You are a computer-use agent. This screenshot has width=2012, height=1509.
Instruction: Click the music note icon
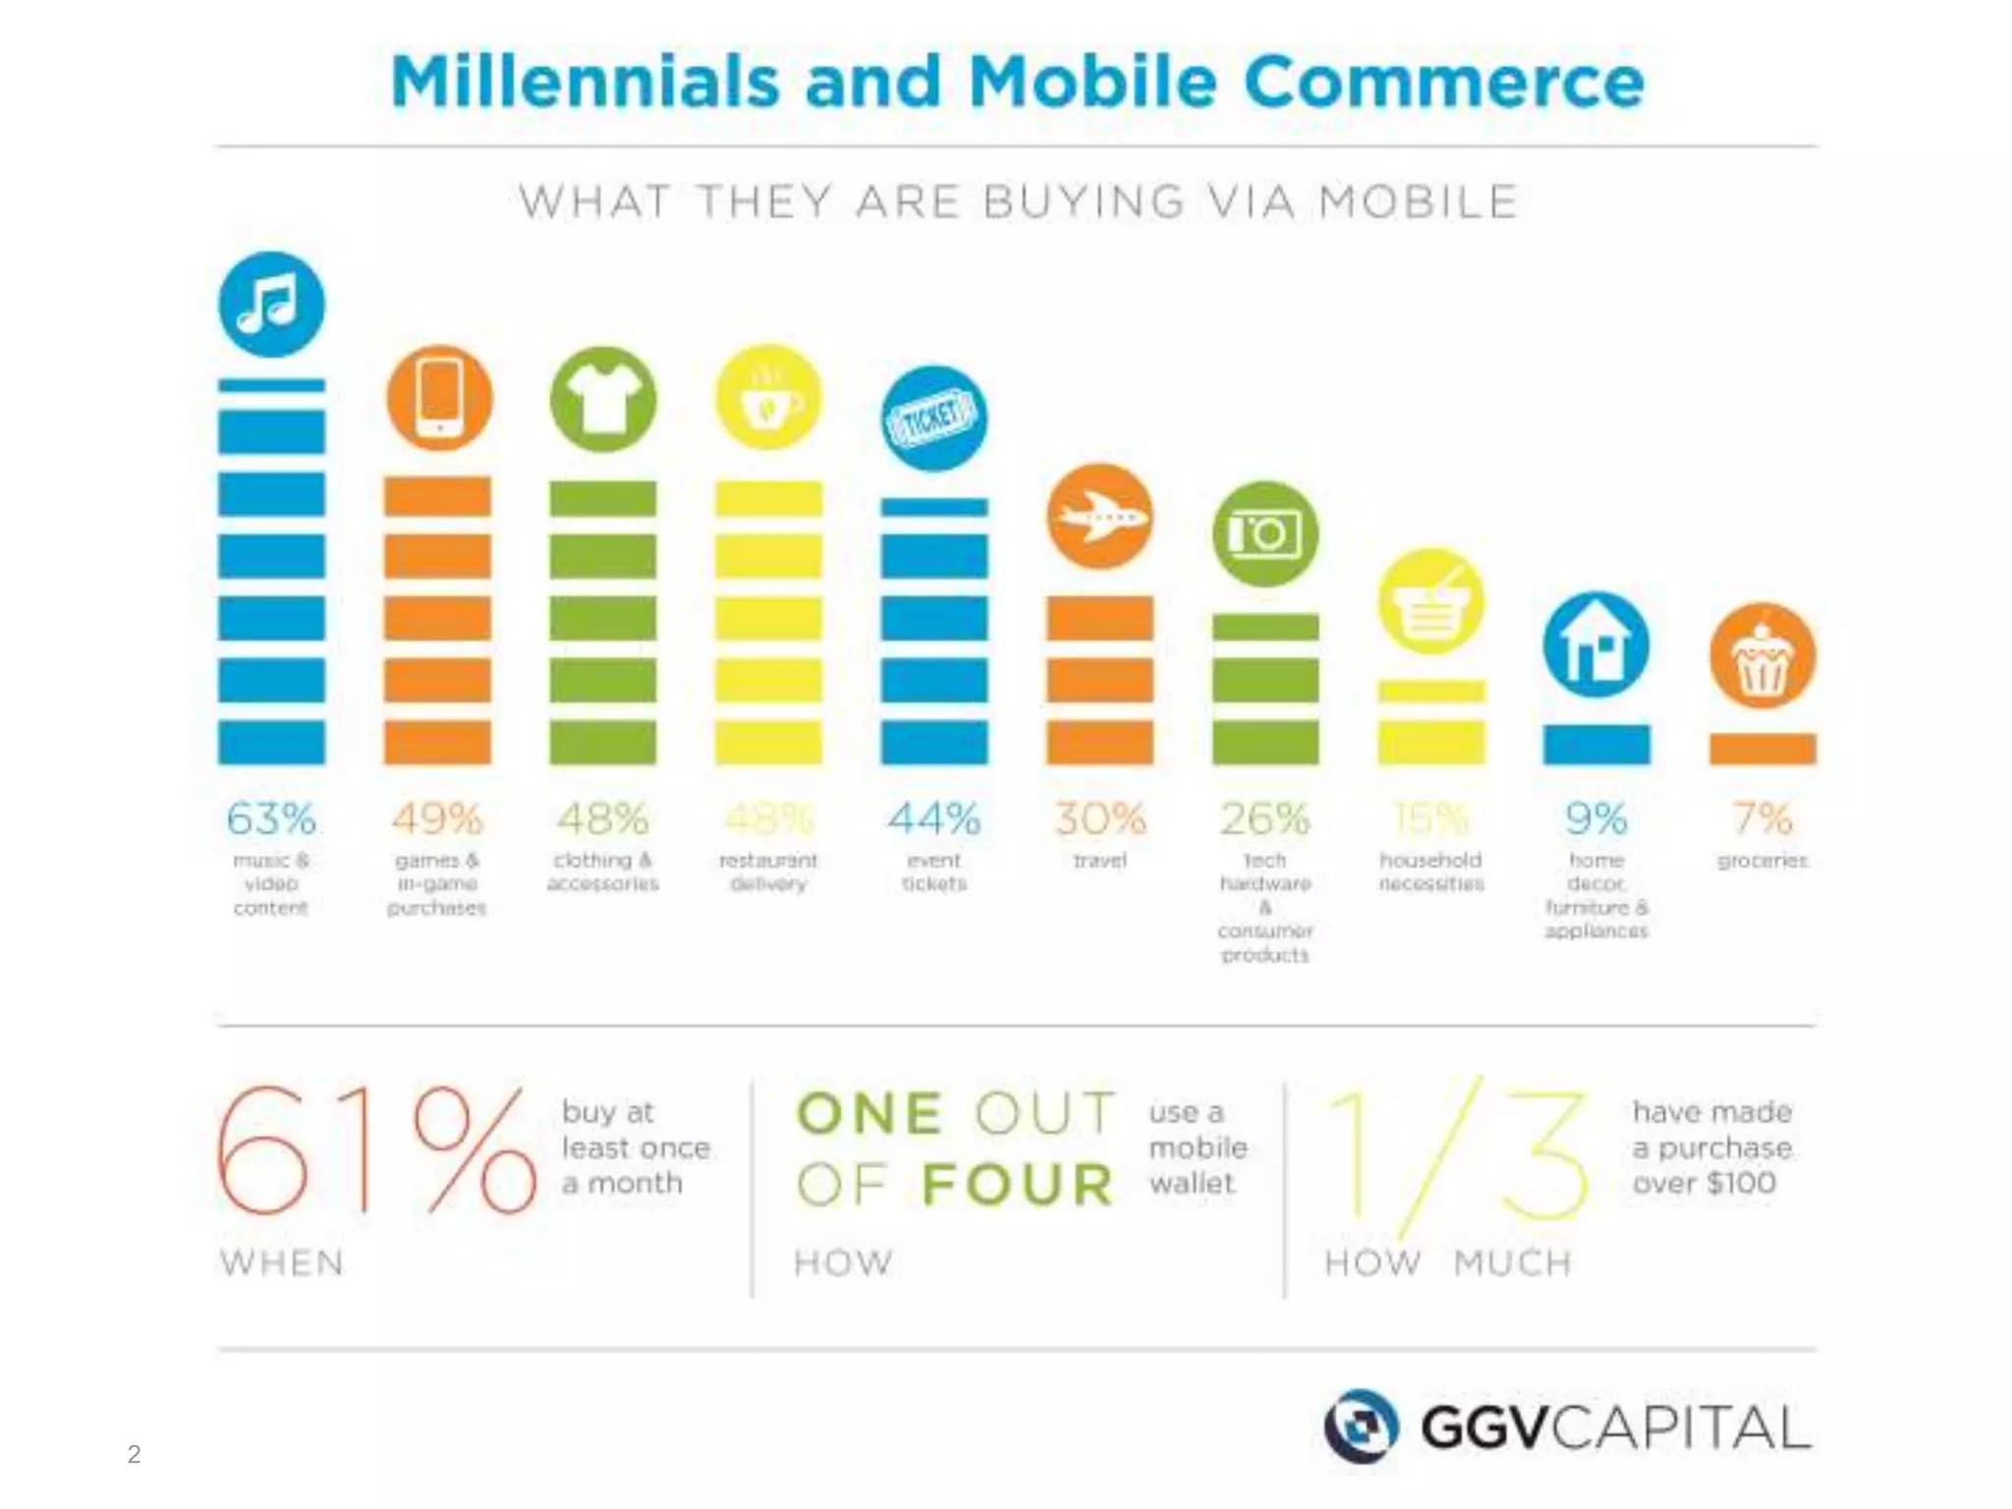tap(271, 305)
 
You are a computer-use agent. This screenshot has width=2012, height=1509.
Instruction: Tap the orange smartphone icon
tap(438, 399)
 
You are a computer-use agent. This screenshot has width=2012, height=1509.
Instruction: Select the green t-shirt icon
tap(602, 399)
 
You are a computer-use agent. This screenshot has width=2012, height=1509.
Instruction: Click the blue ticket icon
tap(933, 419)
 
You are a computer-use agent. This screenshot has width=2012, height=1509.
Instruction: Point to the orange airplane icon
tap(1099, 517)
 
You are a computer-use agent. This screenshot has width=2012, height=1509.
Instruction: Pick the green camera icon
tap(1264, 534)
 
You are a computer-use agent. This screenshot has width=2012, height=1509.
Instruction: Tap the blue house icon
tap(1595, 645)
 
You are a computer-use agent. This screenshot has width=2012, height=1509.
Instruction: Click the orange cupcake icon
tap(1761, 656)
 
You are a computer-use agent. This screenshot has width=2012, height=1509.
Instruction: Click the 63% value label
tap(271, 818)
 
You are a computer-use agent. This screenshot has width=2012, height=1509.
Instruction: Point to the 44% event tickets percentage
tap(933, 818)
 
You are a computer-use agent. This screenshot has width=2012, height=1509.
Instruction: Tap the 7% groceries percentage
tap(1761, 818)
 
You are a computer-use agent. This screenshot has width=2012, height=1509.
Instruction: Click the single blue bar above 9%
tap(1595, 744)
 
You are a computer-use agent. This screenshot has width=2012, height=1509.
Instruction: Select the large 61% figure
tap(376, 1149)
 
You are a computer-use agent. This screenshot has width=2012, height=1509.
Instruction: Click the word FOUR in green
tap(1018, 1184)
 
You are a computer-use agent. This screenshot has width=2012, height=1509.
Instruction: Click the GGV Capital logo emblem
tap(1361, 1425)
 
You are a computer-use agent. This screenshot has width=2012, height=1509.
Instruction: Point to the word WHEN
tap(282, 1262)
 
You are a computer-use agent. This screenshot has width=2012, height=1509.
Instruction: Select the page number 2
tap(134, 1454)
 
